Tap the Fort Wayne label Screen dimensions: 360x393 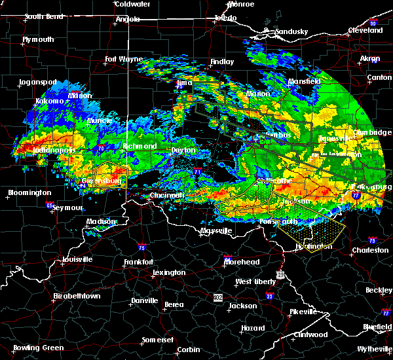(124, 60)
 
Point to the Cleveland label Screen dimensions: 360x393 (365, 31)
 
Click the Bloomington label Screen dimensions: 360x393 (29, 193)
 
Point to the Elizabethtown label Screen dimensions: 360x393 (77, 296)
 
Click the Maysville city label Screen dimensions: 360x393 (216, 231)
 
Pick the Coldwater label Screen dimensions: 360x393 (132, 4)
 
